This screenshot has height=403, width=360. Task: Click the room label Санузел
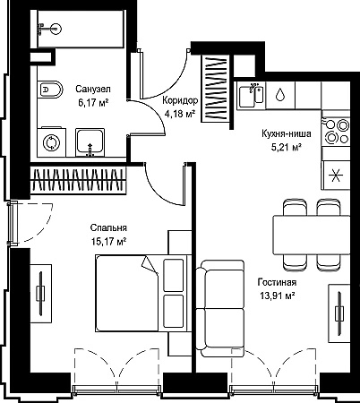(x=93, y=89)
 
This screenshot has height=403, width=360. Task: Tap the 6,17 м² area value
(x=93, y=103)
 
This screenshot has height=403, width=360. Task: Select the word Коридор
(x=180, y=100)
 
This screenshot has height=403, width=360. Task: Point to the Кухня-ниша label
(x=287, y=133)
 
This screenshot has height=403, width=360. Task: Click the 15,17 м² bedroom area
(x=108, y=242)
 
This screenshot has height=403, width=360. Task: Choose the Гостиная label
(x=278, y=282)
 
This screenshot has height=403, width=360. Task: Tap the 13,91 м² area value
(x=278, y=296)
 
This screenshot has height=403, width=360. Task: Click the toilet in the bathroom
(x=50, y=90)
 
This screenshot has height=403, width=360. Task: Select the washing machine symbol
(x=52, y=142)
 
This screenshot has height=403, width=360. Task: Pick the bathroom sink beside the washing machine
(x=90, y=142)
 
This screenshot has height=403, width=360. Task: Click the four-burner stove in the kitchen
(x=336, y=131)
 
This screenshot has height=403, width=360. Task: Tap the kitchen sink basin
(x=251, y=95)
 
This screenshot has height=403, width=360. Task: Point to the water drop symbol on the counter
(x=279, y=95)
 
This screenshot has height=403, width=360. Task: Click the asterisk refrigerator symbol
(x=337, y=175)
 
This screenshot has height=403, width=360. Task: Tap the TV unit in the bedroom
(x=40, y=293)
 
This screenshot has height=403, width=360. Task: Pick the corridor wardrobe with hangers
(x=216, y=89)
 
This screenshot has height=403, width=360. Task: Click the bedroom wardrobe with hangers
(x=78, y=180)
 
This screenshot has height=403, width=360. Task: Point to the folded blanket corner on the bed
(x=150, y=264)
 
